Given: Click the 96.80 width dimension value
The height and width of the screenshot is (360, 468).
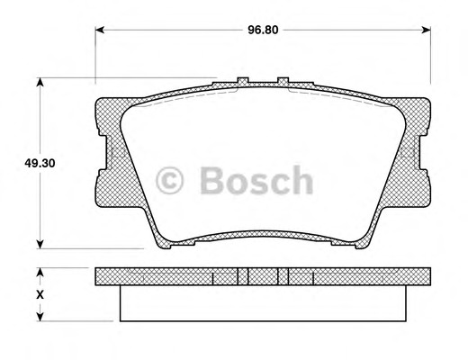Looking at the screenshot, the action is [263, 30].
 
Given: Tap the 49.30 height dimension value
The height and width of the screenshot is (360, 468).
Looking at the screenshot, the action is [40, 164].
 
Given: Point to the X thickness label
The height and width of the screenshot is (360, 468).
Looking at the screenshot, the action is [40, 294].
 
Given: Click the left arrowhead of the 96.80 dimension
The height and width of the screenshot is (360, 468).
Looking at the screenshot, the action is [100, 30].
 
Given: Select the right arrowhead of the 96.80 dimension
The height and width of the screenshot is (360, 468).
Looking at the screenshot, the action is [427, 30].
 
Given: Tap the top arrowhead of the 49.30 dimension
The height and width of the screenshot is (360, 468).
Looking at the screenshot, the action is [40, 83].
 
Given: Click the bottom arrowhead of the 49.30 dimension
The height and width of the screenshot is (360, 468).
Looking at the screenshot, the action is [40, 244].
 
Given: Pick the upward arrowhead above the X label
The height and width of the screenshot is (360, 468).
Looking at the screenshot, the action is [40, 273].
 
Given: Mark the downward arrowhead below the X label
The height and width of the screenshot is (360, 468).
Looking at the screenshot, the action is [40, 317].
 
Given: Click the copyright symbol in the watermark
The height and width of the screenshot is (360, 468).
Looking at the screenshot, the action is [169, 180].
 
